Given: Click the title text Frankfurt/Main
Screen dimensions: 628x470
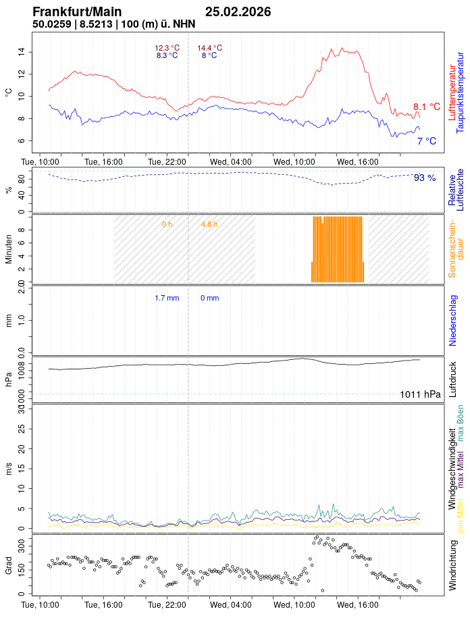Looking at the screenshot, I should point(77,12).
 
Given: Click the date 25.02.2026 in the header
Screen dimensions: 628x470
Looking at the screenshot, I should point(238,12).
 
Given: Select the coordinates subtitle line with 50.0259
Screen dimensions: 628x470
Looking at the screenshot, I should point(114,24).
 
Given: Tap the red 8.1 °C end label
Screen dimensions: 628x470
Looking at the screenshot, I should point(427,107).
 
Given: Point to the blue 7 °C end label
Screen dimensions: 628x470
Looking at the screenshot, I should point(426,141).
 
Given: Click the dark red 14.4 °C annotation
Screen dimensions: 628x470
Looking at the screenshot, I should point(209,48).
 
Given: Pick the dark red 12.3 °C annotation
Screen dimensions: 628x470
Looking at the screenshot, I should point(167,48).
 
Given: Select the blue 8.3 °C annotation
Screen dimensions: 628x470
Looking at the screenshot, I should point(167,55).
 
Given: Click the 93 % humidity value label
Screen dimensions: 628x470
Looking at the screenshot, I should point(425,178).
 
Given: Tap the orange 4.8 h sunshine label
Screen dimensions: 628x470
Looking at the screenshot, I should point(209,224).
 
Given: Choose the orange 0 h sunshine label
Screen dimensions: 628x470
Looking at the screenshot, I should point(167,224).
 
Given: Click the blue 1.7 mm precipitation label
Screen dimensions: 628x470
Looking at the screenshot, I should point(167,298).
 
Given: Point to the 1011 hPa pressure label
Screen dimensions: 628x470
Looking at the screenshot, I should point(420,394).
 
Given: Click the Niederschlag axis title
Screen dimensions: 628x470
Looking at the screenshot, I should point(453,320).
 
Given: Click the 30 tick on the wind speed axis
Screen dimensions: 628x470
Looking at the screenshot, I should point(22,409).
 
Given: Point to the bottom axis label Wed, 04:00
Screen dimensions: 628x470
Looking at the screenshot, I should point(230,605).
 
